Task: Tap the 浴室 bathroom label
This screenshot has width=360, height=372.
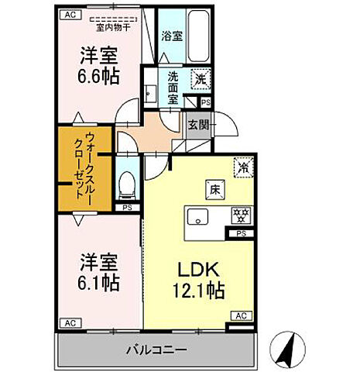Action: pos(171,36)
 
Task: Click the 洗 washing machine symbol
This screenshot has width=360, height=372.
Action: pos(201,78)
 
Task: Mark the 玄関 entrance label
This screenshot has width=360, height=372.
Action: pos(197,123)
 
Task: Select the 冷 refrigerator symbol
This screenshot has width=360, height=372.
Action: pos(242,166)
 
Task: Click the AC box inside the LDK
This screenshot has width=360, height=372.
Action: pos(241,315)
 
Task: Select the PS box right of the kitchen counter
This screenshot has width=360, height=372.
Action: pos(241,232)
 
